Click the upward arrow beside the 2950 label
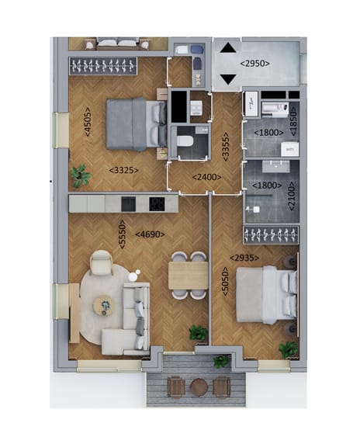(x=228, y=48)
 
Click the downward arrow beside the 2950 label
(x=228, y=78)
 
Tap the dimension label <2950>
(x=255, y=63)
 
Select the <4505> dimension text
(x=87, y=121)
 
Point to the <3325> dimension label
(x=123, y=168)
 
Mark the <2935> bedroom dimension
(x=244, y=258)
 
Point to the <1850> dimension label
(x=293, y=119)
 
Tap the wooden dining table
(x=189, y=275)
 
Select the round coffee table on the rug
(x=104, y=306)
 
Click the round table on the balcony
(x=199, y=386)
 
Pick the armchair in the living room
(x=102, y=265)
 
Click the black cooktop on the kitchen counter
(x=157, y=203)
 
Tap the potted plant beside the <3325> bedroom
(x=79, y=175)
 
